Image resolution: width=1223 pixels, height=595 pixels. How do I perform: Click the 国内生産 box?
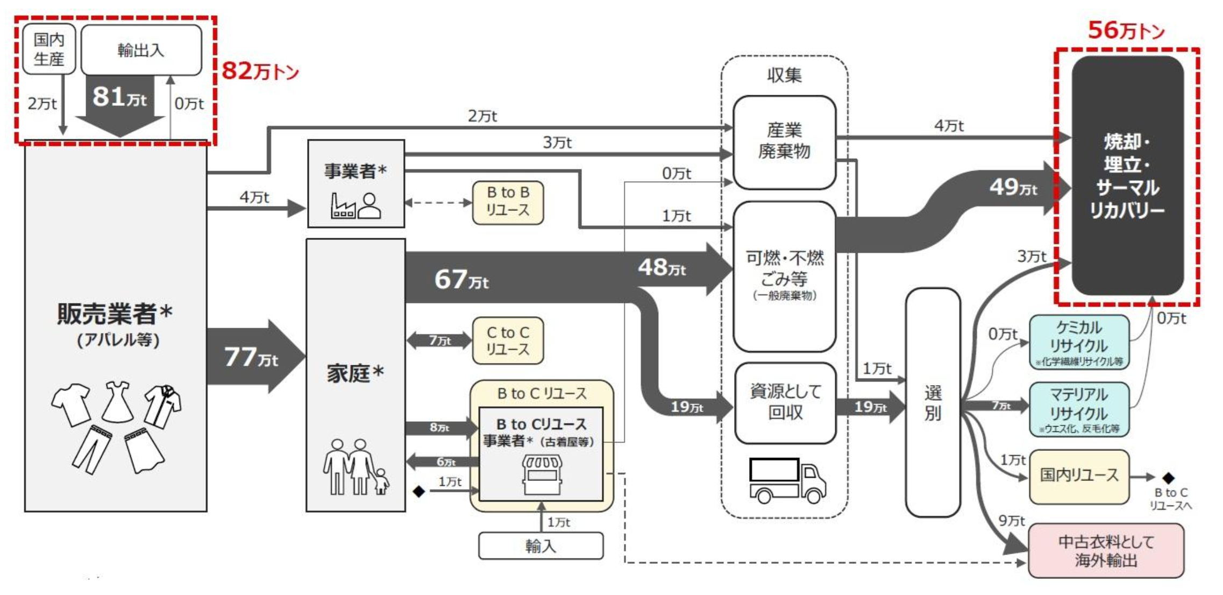click(49, 49)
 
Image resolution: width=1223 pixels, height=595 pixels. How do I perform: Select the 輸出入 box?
click(141, 50)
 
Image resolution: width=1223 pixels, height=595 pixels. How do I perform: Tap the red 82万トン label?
click(260, 70)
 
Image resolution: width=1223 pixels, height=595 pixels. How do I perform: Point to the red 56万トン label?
click(1126, 30)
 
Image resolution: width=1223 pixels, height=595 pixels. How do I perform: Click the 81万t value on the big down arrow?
click(119, 97)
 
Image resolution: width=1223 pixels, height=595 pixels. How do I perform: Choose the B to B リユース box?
click(508, 202)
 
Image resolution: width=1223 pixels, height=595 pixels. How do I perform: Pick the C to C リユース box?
click(508, 341)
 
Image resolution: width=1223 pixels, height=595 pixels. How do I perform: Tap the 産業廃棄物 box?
click(784, 141)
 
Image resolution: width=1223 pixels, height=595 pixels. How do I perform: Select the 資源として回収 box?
click(785, 402)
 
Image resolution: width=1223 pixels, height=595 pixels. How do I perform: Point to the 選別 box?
click(933, 402)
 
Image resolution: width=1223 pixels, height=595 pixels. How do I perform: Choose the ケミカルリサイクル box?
click(1079, 342)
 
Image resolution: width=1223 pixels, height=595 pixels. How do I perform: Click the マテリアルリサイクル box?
click(1079, 409)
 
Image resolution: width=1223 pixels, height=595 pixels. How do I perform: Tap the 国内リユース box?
click(1079, 476)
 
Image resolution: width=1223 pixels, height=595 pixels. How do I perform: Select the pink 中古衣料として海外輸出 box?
click(1106, 551)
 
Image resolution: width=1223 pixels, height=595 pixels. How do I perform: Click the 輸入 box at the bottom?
click(541, 546)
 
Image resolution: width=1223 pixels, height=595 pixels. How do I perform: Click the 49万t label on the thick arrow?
click(1013, 187)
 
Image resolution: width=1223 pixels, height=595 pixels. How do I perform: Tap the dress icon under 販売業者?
click(117, 401)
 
